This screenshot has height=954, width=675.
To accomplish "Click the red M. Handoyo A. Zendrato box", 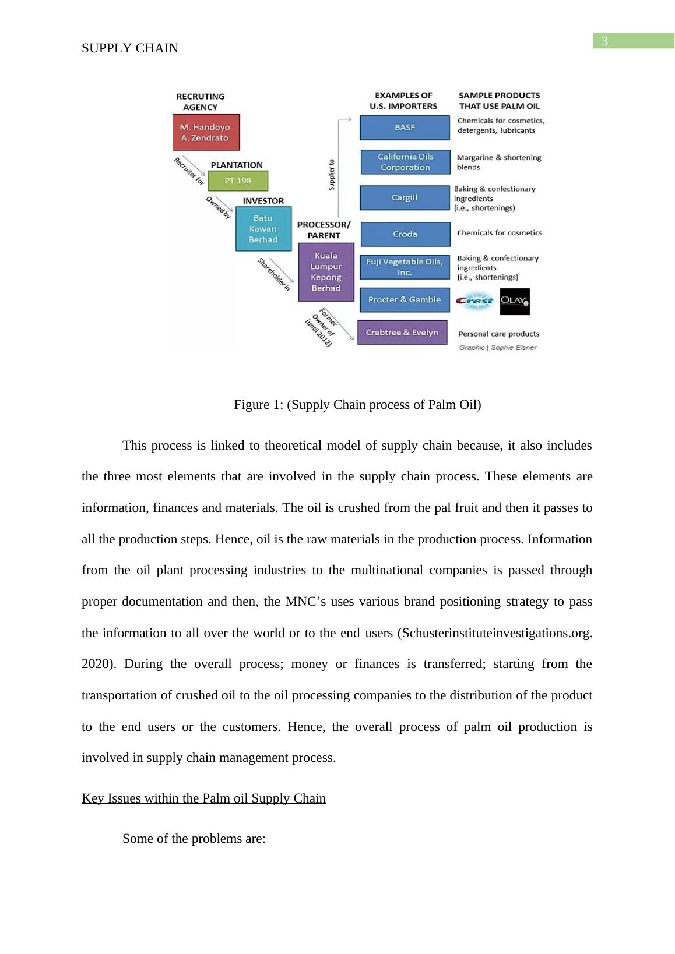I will pos(206,132).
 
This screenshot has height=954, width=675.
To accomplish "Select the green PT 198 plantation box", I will pos(238,181).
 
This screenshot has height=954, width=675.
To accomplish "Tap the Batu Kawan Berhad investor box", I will pos(263,229).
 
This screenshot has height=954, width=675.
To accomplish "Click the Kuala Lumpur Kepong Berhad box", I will pos(326,272).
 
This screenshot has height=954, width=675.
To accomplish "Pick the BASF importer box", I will pos(405,128).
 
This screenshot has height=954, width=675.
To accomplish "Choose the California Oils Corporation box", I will pos(405,162).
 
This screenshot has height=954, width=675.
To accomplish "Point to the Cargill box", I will pos(405,197).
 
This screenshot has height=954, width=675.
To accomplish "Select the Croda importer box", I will pos(405,234).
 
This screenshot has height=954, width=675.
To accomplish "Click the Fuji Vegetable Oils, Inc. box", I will pos(405,267).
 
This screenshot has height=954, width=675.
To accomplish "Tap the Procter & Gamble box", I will pos(405,300).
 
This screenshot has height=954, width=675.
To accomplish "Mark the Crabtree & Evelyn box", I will pos(402,333).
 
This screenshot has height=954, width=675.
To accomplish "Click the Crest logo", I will pos(474,301).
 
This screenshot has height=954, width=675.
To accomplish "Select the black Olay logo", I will pos(515,302).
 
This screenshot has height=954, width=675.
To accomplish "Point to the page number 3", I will pos(604,41).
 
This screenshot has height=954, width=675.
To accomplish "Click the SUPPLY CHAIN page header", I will pos(130,48).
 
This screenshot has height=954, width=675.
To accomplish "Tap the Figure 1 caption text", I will pos(357,405).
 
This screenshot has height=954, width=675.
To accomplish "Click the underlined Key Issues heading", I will pos(203,798).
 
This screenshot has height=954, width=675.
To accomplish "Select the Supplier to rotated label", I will pos(332,174).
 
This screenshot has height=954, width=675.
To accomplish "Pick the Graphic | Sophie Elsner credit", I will pos(498,348).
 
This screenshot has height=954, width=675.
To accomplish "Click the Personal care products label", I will pos(498,334).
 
